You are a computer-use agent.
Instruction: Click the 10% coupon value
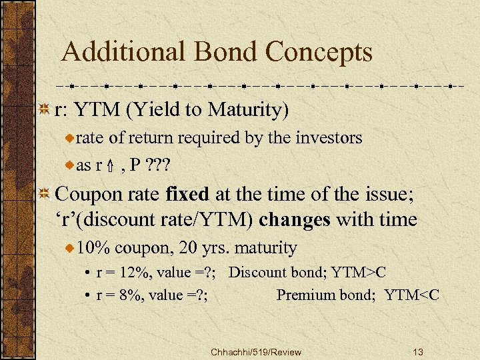click(93, 248)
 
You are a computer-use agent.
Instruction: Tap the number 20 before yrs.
click(189, 248)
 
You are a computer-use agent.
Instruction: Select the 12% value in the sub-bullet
click(125, 273)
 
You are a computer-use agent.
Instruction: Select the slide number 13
click(419, 351)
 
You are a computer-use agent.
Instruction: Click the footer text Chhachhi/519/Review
click(255, 351)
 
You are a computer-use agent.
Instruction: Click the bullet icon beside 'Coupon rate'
click(45, 195)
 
